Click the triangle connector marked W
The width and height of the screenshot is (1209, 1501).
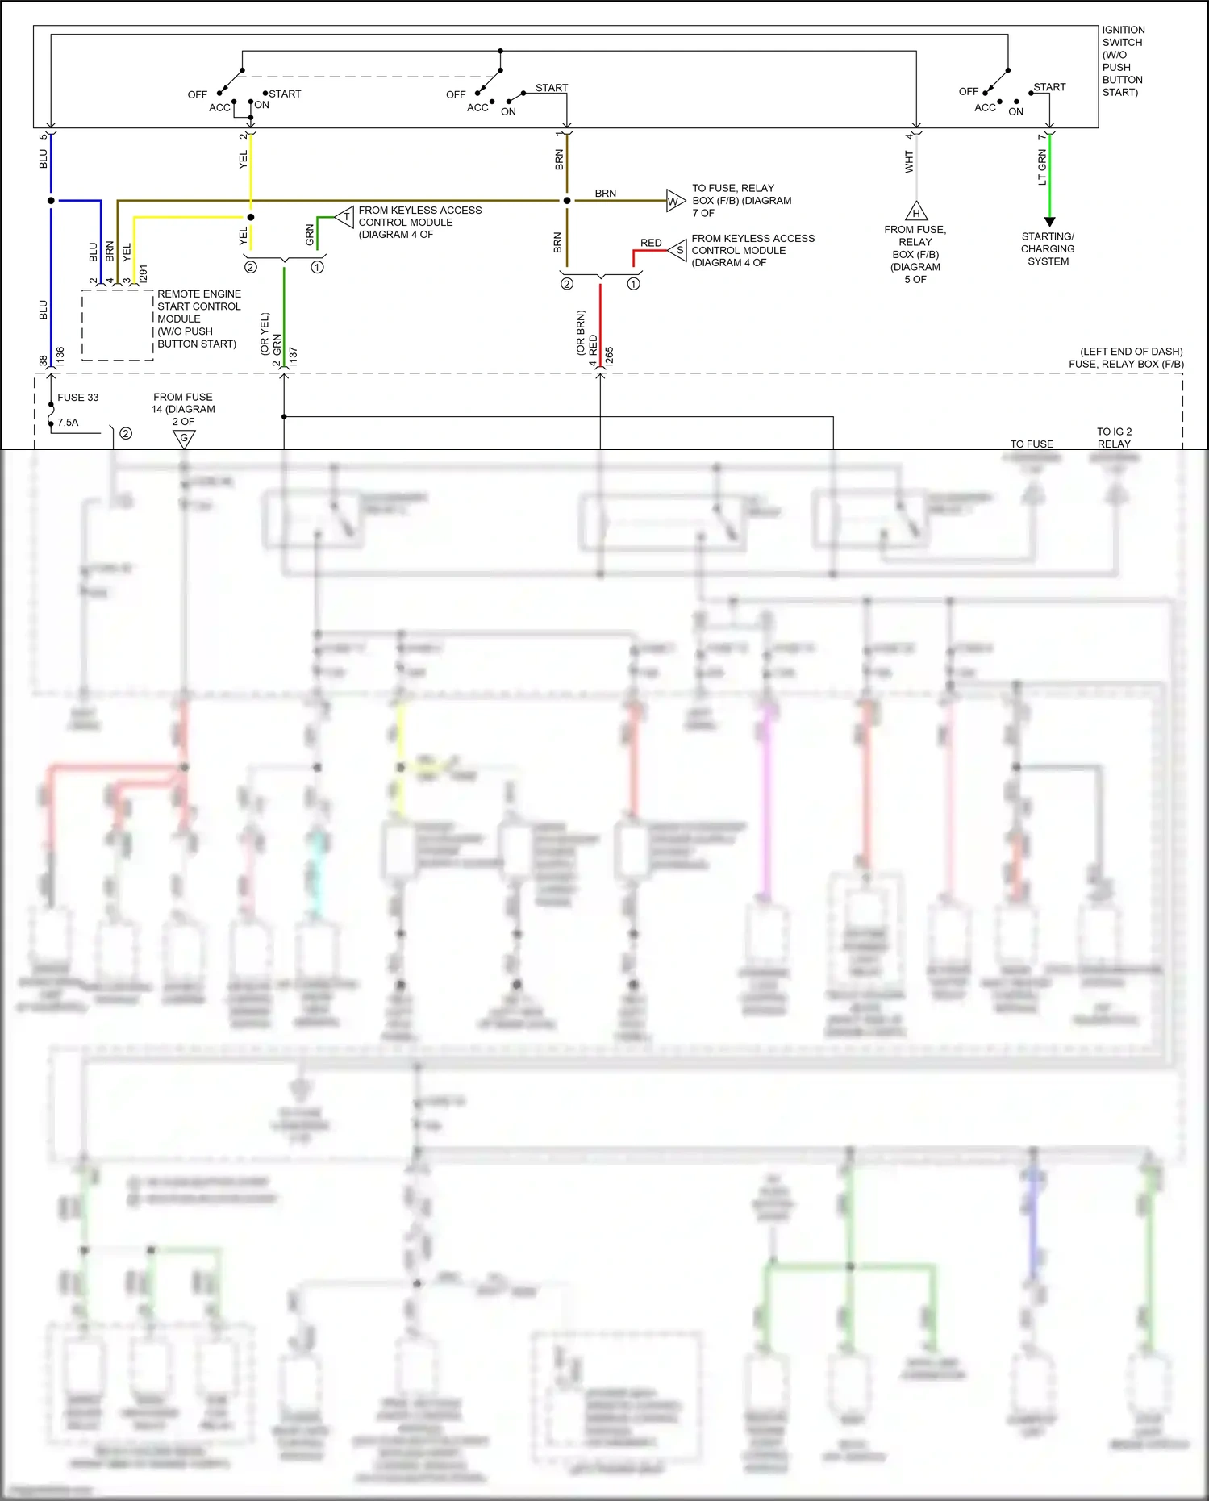675,201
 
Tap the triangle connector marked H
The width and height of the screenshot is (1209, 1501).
916,212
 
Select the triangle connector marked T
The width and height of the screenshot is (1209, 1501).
345,217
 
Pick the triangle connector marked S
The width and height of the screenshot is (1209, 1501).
678,250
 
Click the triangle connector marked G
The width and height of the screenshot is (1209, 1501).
184,439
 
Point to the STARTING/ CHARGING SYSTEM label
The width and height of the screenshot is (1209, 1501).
1048,248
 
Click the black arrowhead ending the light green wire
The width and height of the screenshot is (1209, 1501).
1049,221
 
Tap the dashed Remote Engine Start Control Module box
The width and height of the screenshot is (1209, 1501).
118,325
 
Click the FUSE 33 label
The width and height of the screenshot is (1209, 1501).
77,398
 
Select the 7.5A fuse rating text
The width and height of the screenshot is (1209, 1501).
68,423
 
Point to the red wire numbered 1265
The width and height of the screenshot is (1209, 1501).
600,323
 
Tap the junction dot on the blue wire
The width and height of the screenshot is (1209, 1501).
51,200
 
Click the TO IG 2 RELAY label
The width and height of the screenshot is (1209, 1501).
1114,438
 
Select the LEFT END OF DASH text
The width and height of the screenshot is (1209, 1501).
1131,352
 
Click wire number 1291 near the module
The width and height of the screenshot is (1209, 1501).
144,273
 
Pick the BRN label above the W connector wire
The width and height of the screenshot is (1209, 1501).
605,194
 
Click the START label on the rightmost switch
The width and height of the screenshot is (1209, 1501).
1049,87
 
